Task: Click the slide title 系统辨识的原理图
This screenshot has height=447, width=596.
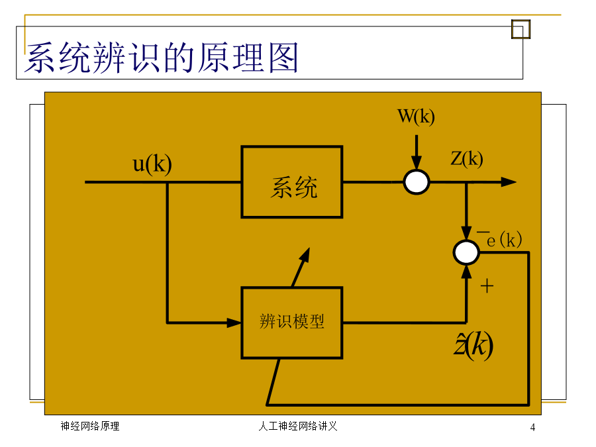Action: pos(161,58)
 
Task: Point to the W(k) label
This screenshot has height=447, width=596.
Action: pos(416,117)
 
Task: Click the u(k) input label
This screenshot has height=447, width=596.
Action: pos(152,164)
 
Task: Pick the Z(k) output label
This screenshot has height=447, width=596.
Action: pos(467,158)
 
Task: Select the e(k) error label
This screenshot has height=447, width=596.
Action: pos(505,240)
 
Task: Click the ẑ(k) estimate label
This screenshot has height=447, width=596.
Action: pos(473,346)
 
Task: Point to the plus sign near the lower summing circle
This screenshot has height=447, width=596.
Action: pos(487,286)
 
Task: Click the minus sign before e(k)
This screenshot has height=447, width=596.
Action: pos(483,231)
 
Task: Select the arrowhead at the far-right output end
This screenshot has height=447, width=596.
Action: pos(509,182)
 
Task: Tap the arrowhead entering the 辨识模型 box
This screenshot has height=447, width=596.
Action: pos(234,323)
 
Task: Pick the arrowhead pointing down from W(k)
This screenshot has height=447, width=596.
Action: pos(417,162)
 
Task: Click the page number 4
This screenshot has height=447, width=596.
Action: pos(532,427)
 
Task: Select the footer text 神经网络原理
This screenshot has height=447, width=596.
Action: pos(90,426)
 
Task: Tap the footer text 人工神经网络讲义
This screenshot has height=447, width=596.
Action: pos(298,426)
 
